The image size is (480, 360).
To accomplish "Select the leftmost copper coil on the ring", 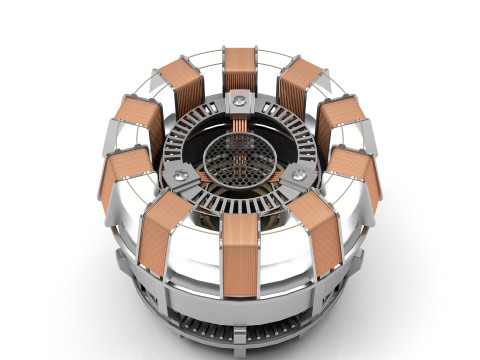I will click(119, 176).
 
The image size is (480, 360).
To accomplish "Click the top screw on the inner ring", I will click(239, 101).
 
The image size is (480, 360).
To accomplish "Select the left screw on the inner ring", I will click(180, 175).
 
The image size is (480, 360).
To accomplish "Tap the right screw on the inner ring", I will click(297, 175).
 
